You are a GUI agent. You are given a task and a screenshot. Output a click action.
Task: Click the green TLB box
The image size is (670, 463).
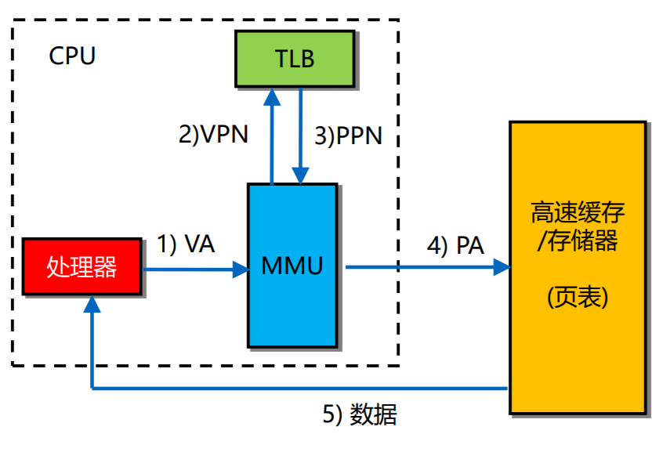[x=295, y=59]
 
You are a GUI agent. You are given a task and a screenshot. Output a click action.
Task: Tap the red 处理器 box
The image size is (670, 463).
[x=82, y=267]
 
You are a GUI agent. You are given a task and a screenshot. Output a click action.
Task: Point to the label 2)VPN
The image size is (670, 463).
[x=213, y=135]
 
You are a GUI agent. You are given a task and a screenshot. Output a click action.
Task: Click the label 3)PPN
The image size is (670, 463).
[x=349, y=136]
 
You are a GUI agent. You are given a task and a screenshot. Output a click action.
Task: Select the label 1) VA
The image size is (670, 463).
[x=186, y=244]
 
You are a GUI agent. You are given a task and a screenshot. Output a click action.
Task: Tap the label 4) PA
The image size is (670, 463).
[x=455, y=245]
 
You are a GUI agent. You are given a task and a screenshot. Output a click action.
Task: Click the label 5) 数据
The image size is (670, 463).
[x=360, y=414]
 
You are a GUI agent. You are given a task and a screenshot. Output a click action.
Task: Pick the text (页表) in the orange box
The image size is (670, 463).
[x=578, y=297]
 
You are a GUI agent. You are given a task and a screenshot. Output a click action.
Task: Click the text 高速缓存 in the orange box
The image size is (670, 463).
[x=578, y=213]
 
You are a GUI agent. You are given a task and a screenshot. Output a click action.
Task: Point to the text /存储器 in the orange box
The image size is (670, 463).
[x=578, y=241]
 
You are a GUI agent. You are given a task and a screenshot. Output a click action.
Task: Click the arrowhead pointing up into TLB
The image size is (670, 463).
[x=272, y=96]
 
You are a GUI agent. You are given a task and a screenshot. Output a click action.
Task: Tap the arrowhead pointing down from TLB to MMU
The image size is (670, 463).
[x=300, y=175]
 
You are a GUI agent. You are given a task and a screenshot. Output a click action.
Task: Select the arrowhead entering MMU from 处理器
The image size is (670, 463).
[x=239, y=269]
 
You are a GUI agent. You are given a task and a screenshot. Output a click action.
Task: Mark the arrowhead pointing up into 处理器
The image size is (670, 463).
[x=92, y=305]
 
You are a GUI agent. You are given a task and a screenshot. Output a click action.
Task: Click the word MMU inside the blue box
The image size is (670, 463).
[x=292, y=266]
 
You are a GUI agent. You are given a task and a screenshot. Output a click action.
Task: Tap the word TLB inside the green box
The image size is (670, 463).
[x=295, y=59]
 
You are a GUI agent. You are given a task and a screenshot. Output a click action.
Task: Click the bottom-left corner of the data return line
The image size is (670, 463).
[x=92, y=388]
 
